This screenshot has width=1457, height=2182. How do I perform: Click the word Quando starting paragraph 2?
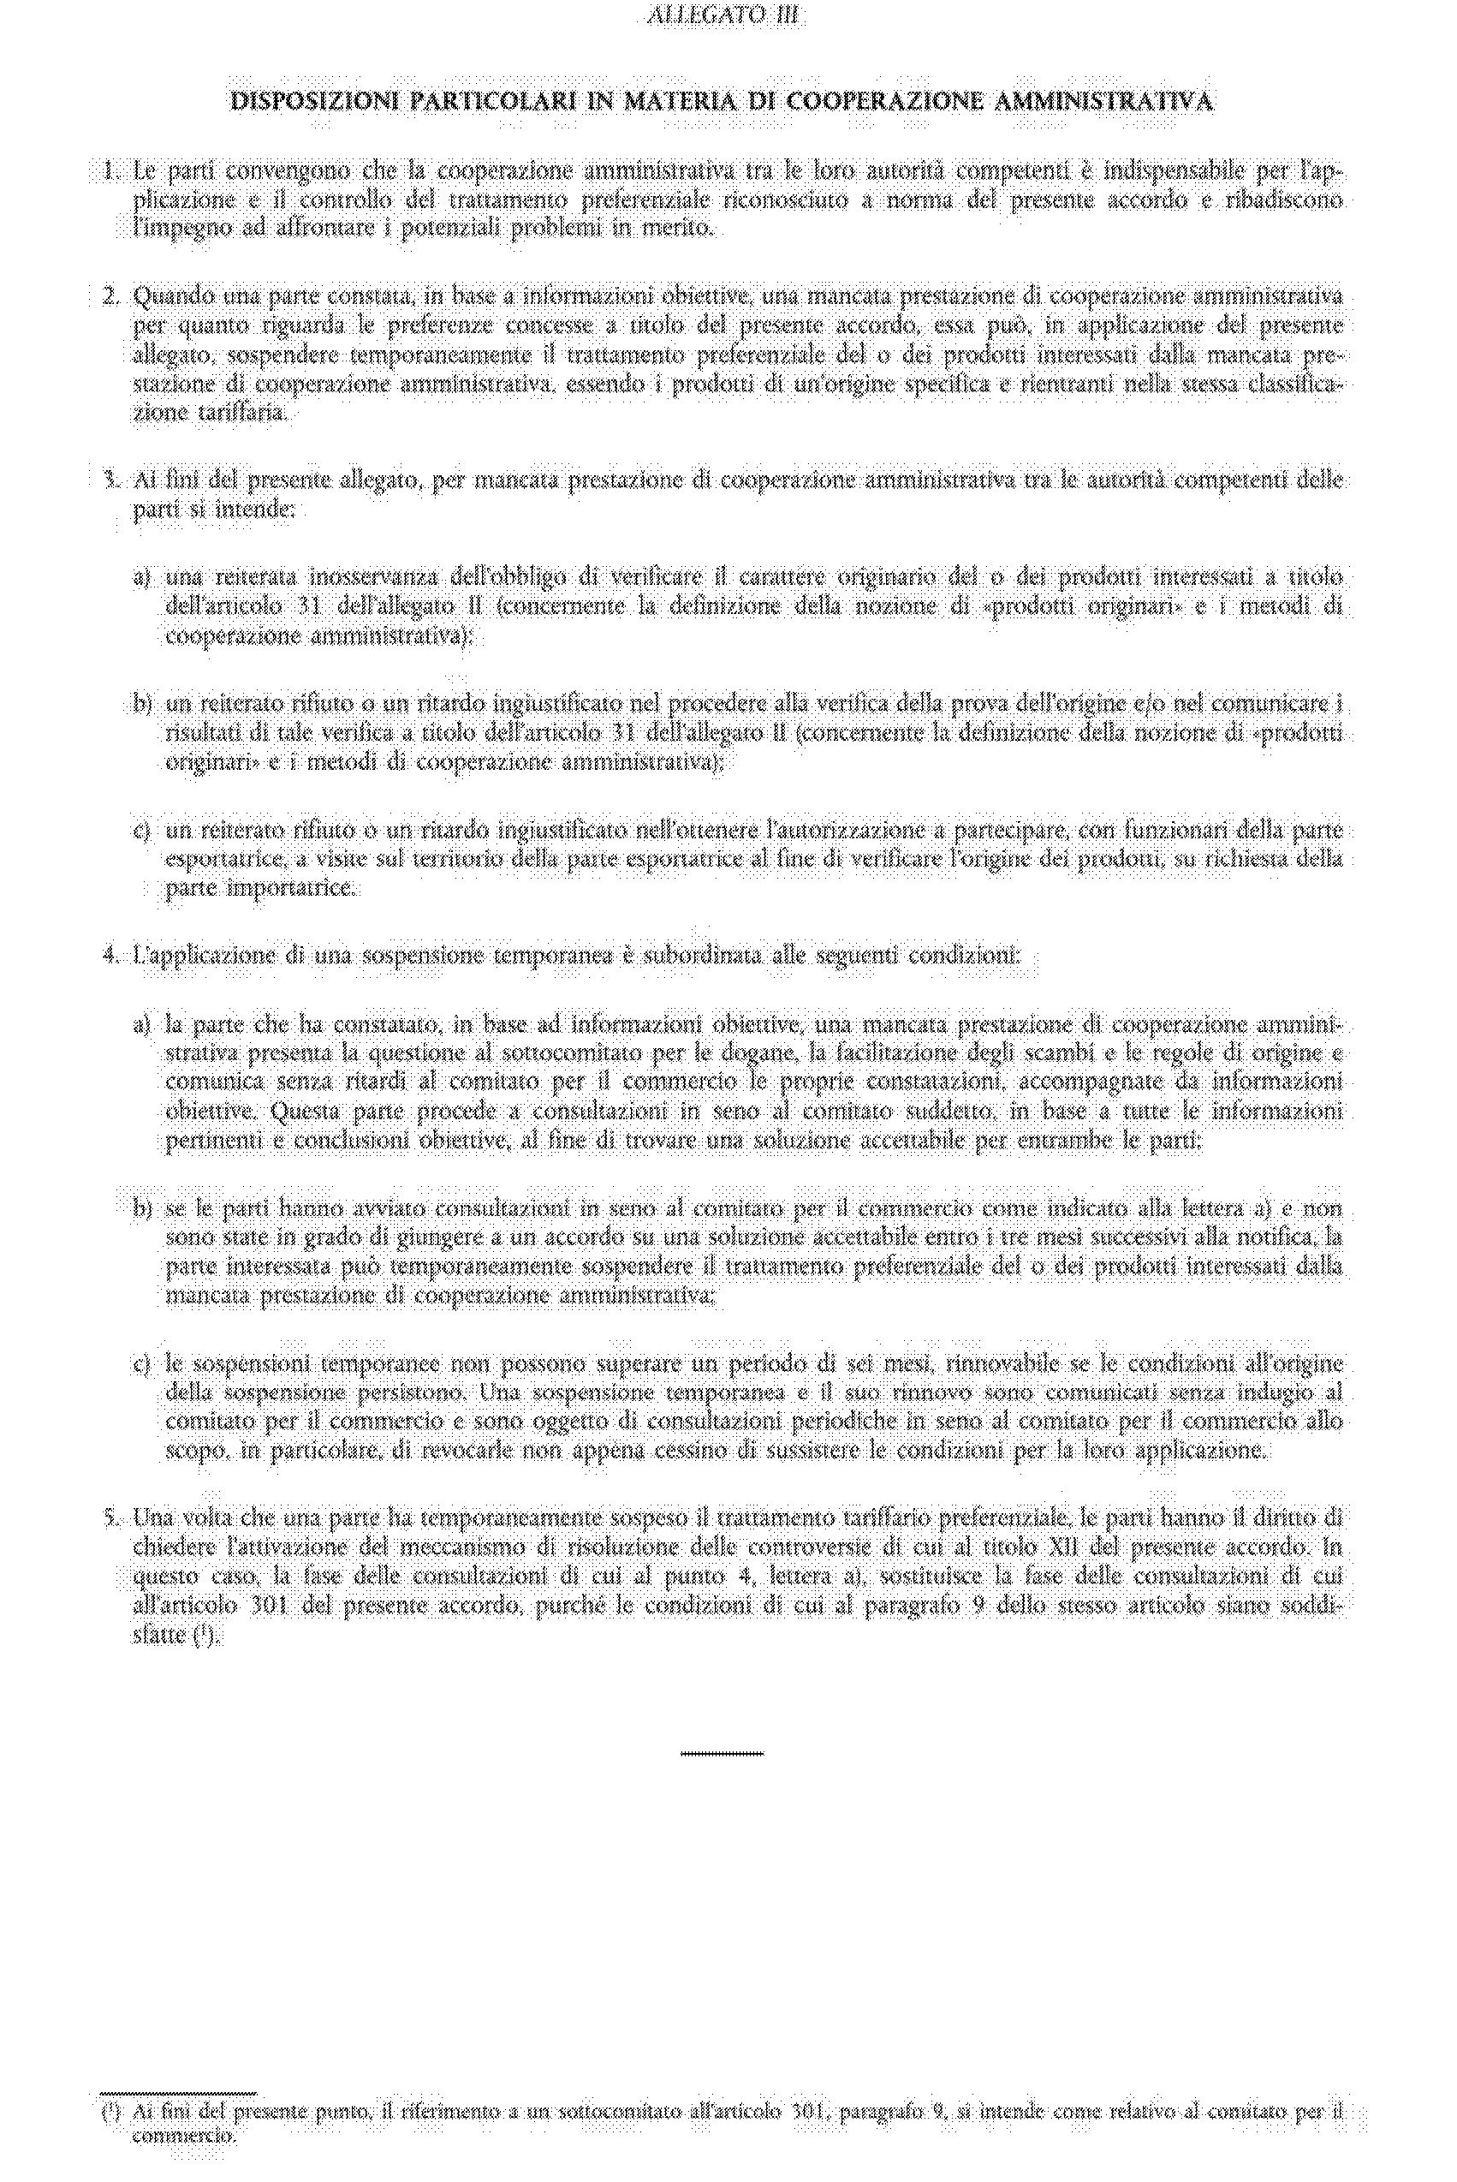pyautogui.click(x=172, y=297)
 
